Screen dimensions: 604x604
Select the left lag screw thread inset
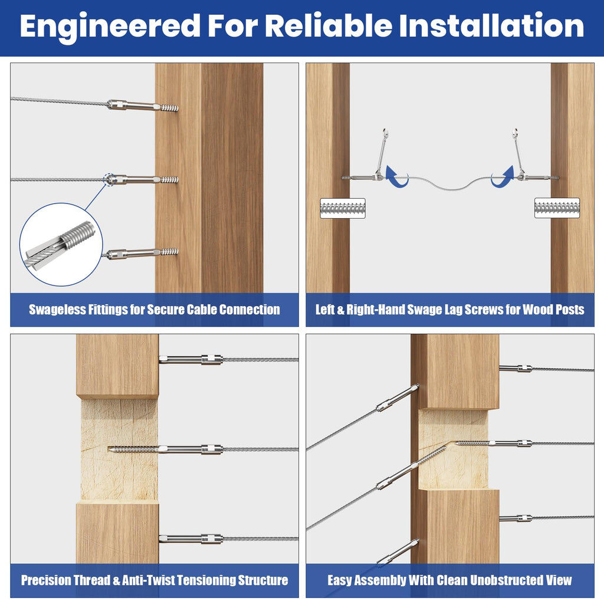click(x=343, y=208)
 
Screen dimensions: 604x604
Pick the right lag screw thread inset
click(x=557, y=208)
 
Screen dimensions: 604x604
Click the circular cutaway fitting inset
click(x=61, y=245)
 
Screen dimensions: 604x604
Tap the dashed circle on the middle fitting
click(x=110, y=179)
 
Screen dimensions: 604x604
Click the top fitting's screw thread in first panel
click(x=169, y=108)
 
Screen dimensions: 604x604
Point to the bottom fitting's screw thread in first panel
click(x=169, y=251)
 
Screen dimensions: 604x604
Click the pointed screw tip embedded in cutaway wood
click(x=111, y=449)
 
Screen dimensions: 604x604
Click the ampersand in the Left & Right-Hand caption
click(x=340, y=310)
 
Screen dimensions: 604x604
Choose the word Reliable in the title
click(x=329, y=25)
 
